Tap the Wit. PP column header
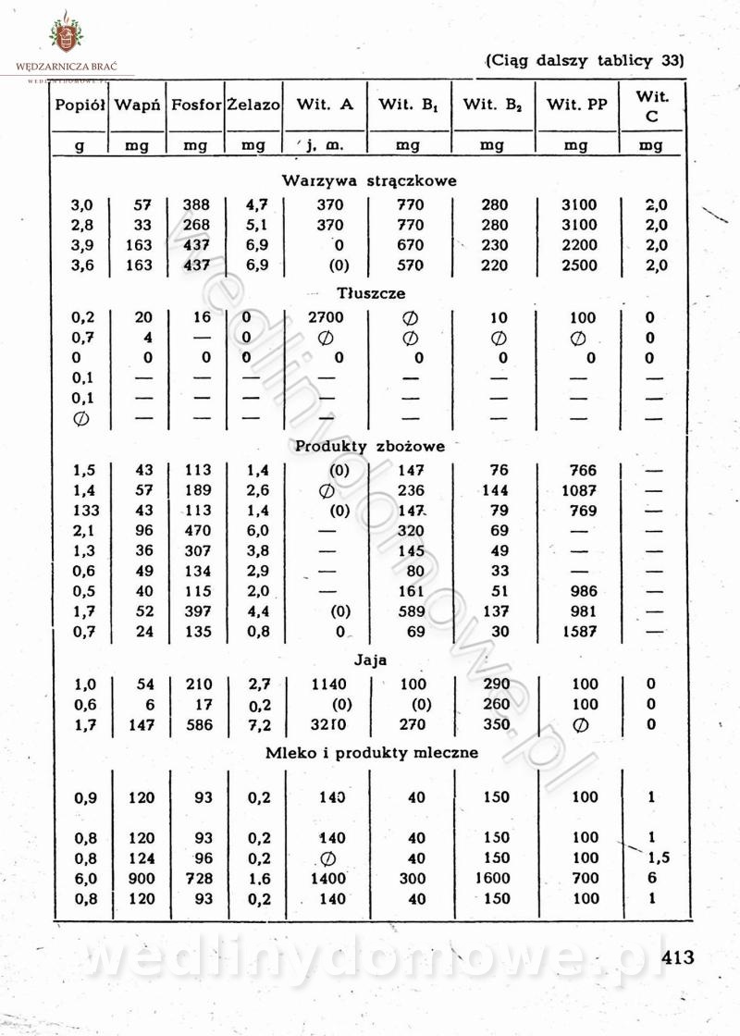[x=576, y=105]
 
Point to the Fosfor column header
[x=196, y=105]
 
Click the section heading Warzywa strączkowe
[x=369, y=180]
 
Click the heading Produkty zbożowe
[x=369, y=446]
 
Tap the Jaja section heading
[x=370, y=660]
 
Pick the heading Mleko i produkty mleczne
[x=372, y=752]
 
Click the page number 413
[x=677, y=956]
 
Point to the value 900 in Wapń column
[x=142, y=878]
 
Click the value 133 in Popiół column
[x=82, y=510]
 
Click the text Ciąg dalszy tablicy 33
[x=584, y=62]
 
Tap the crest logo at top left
[x=66, y=35]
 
